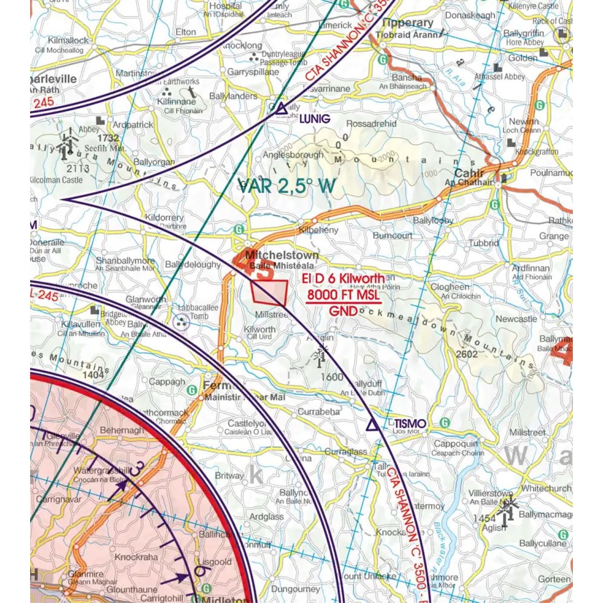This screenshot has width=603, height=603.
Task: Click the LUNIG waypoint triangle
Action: click(281, 108)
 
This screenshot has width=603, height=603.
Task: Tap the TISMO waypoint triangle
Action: click(372, 424)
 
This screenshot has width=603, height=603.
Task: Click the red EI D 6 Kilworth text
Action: click(343, 278)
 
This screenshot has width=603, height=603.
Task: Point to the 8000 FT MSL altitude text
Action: click(343, 295)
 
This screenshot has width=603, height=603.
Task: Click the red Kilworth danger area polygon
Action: click(269, 292)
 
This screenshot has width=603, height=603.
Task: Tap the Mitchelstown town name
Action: click(282, 255)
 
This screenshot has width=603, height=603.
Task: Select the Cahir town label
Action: click(469, 173)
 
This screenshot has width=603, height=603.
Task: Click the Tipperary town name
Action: click(408, 23)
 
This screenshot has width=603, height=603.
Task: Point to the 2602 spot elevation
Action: click(467, 353)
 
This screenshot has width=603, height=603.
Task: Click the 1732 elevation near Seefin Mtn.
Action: click(108, 138)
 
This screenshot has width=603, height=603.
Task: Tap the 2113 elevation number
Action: click(78, 168)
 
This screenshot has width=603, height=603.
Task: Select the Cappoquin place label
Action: click(455, 444)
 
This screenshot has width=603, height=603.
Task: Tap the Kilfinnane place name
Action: click(177, 101)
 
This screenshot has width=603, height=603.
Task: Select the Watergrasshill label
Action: click(101, 471)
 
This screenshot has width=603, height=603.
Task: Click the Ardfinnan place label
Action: click(531, 268)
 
